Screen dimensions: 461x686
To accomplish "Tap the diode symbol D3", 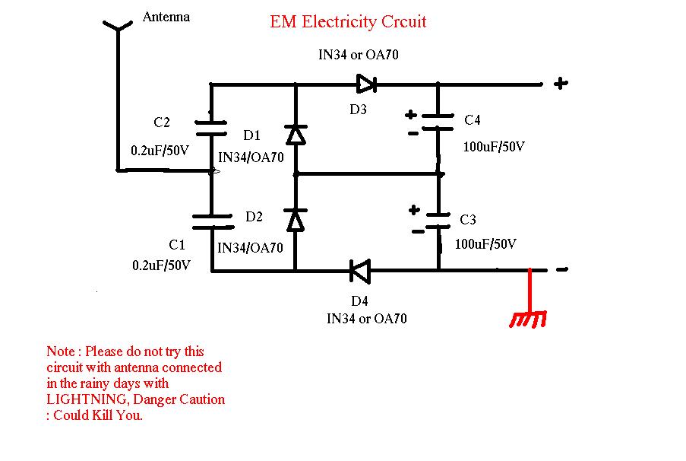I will (x=366, y=83).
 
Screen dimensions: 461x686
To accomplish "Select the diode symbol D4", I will (x=359, y=269).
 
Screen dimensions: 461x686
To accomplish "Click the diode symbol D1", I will (x=295, y=135).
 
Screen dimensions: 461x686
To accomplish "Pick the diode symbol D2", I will (x=295, y=221).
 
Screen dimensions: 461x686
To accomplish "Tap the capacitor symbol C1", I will (x=212, y=221).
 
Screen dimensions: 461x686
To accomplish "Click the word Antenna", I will (x=166, y=17).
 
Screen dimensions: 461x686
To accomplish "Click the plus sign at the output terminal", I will (x=560, y=84).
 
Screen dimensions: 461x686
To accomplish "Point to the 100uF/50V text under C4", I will (x=494, y=146).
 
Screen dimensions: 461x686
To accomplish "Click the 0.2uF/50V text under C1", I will (x=160, y=265).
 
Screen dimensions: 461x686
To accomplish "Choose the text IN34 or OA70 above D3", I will (x=359, y=55).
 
